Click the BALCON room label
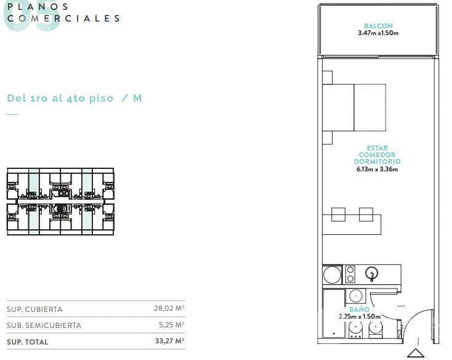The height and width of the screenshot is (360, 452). coord(378,26)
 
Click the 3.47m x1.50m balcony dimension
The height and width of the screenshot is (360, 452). coord(378,33)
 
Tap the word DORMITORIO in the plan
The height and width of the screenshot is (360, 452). coord(377,162)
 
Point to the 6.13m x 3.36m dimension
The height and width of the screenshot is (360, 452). coord(377,169)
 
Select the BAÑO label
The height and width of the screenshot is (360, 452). coord(360,309)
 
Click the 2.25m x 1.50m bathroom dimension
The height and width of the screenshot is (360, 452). coord(360,316)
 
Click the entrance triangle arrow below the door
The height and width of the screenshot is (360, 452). coord(416,353)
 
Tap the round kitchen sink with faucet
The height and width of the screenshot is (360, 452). coord(372,273)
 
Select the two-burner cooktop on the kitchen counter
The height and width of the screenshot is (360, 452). coord(350,274)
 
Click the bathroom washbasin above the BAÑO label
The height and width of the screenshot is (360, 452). coord(356,297)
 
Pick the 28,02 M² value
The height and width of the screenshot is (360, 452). coord(169,308)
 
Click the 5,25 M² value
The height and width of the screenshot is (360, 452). coord(172,324)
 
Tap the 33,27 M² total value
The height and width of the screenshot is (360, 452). coord(169,341)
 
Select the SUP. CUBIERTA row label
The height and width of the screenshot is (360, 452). coord(34,309)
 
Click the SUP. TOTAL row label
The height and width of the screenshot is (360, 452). coord(27,342)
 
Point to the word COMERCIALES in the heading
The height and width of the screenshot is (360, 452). coord(63,18)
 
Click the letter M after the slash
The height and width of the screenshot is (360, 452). coord(137,98)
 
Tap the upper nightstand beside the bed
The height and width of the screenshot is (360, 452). coord(328,78)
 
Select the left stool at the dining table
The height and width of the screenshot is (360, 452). coord(339,215)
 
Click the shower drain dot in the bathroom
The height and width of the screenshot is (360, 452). coord(334,333)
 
